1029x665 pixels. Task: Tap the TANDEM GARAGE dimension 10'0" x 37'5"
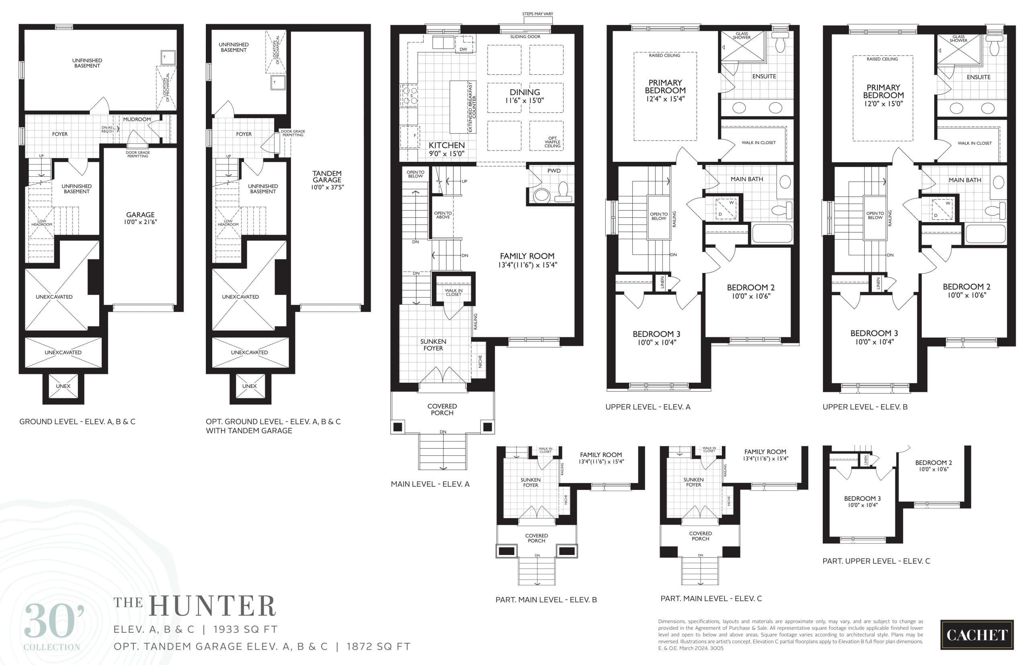coord(327,188)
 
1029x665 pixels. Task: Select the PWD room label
coord(553,171)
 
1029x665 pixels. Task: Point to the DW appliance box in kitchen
coord(463,49)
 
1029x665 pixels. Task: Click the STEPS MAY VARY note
coord(537,14)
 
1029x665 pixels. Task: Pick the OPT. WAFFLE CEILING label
coord(552,142)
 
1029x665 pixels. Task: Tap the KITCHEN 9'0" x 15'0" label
coord(447,149)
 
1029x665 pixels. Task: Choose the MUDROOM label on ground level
coord(137,119)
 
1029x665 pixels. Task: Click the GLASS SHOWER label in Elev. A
coord(742,35)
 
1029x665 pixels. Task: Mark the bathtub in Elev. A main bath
coord(772,234)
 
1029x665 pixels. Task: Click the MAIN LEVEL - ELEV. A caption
coord(430,484)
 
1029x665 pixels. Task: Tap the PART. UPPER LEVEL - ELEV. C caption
coord(876,561)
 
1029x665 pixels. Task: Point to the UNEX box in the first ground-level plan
coord(63,386)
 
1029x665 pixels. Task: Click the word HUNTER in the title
coord(212,606)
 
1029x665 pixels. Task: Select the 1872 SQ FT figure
coord(378,647)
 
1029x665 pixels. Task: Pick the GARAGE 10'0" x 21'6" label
coord(140,218)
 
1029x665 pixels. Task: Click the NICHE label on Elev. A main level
coord(480,361)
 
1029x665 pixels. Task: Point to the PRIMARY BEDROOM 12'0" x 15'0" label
coord(883,95)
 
